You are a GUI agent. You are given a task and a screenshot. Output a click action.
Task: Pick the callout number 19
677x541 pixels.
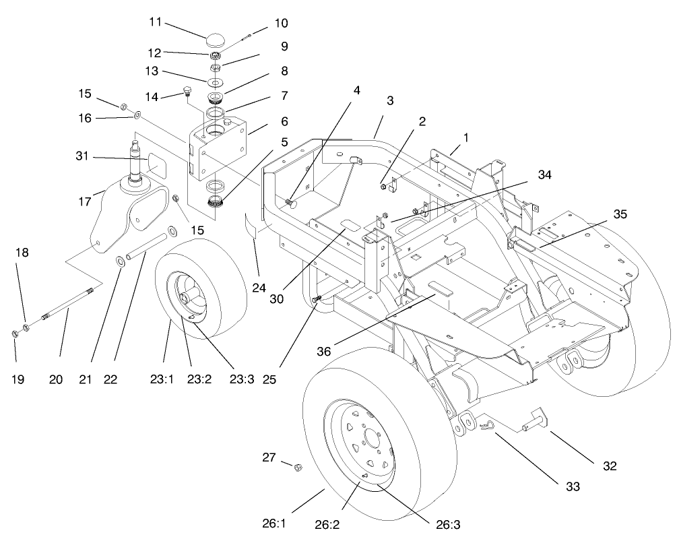click(x=18, y=379)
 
